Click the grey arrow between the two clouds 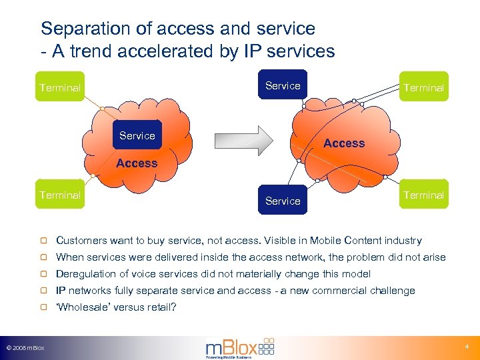(244, 141)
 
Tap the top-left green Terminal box (60, 87)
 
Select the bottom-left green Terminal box (60, 195)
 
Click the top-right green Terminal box (424, 87)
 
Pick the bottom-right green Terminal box (424, 195)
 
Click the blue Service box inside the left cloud (137, 135)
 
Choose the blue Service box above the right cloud (283, 85)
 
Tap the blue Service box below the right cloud (283, 200)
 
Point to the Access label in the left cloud (137, 163)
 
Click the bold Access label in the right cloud (344, 143)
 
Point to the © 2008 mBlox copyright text (25, 348)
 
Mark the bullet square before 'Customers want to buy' (43, 241)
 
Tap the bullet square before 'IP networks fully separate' (43, 291)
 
